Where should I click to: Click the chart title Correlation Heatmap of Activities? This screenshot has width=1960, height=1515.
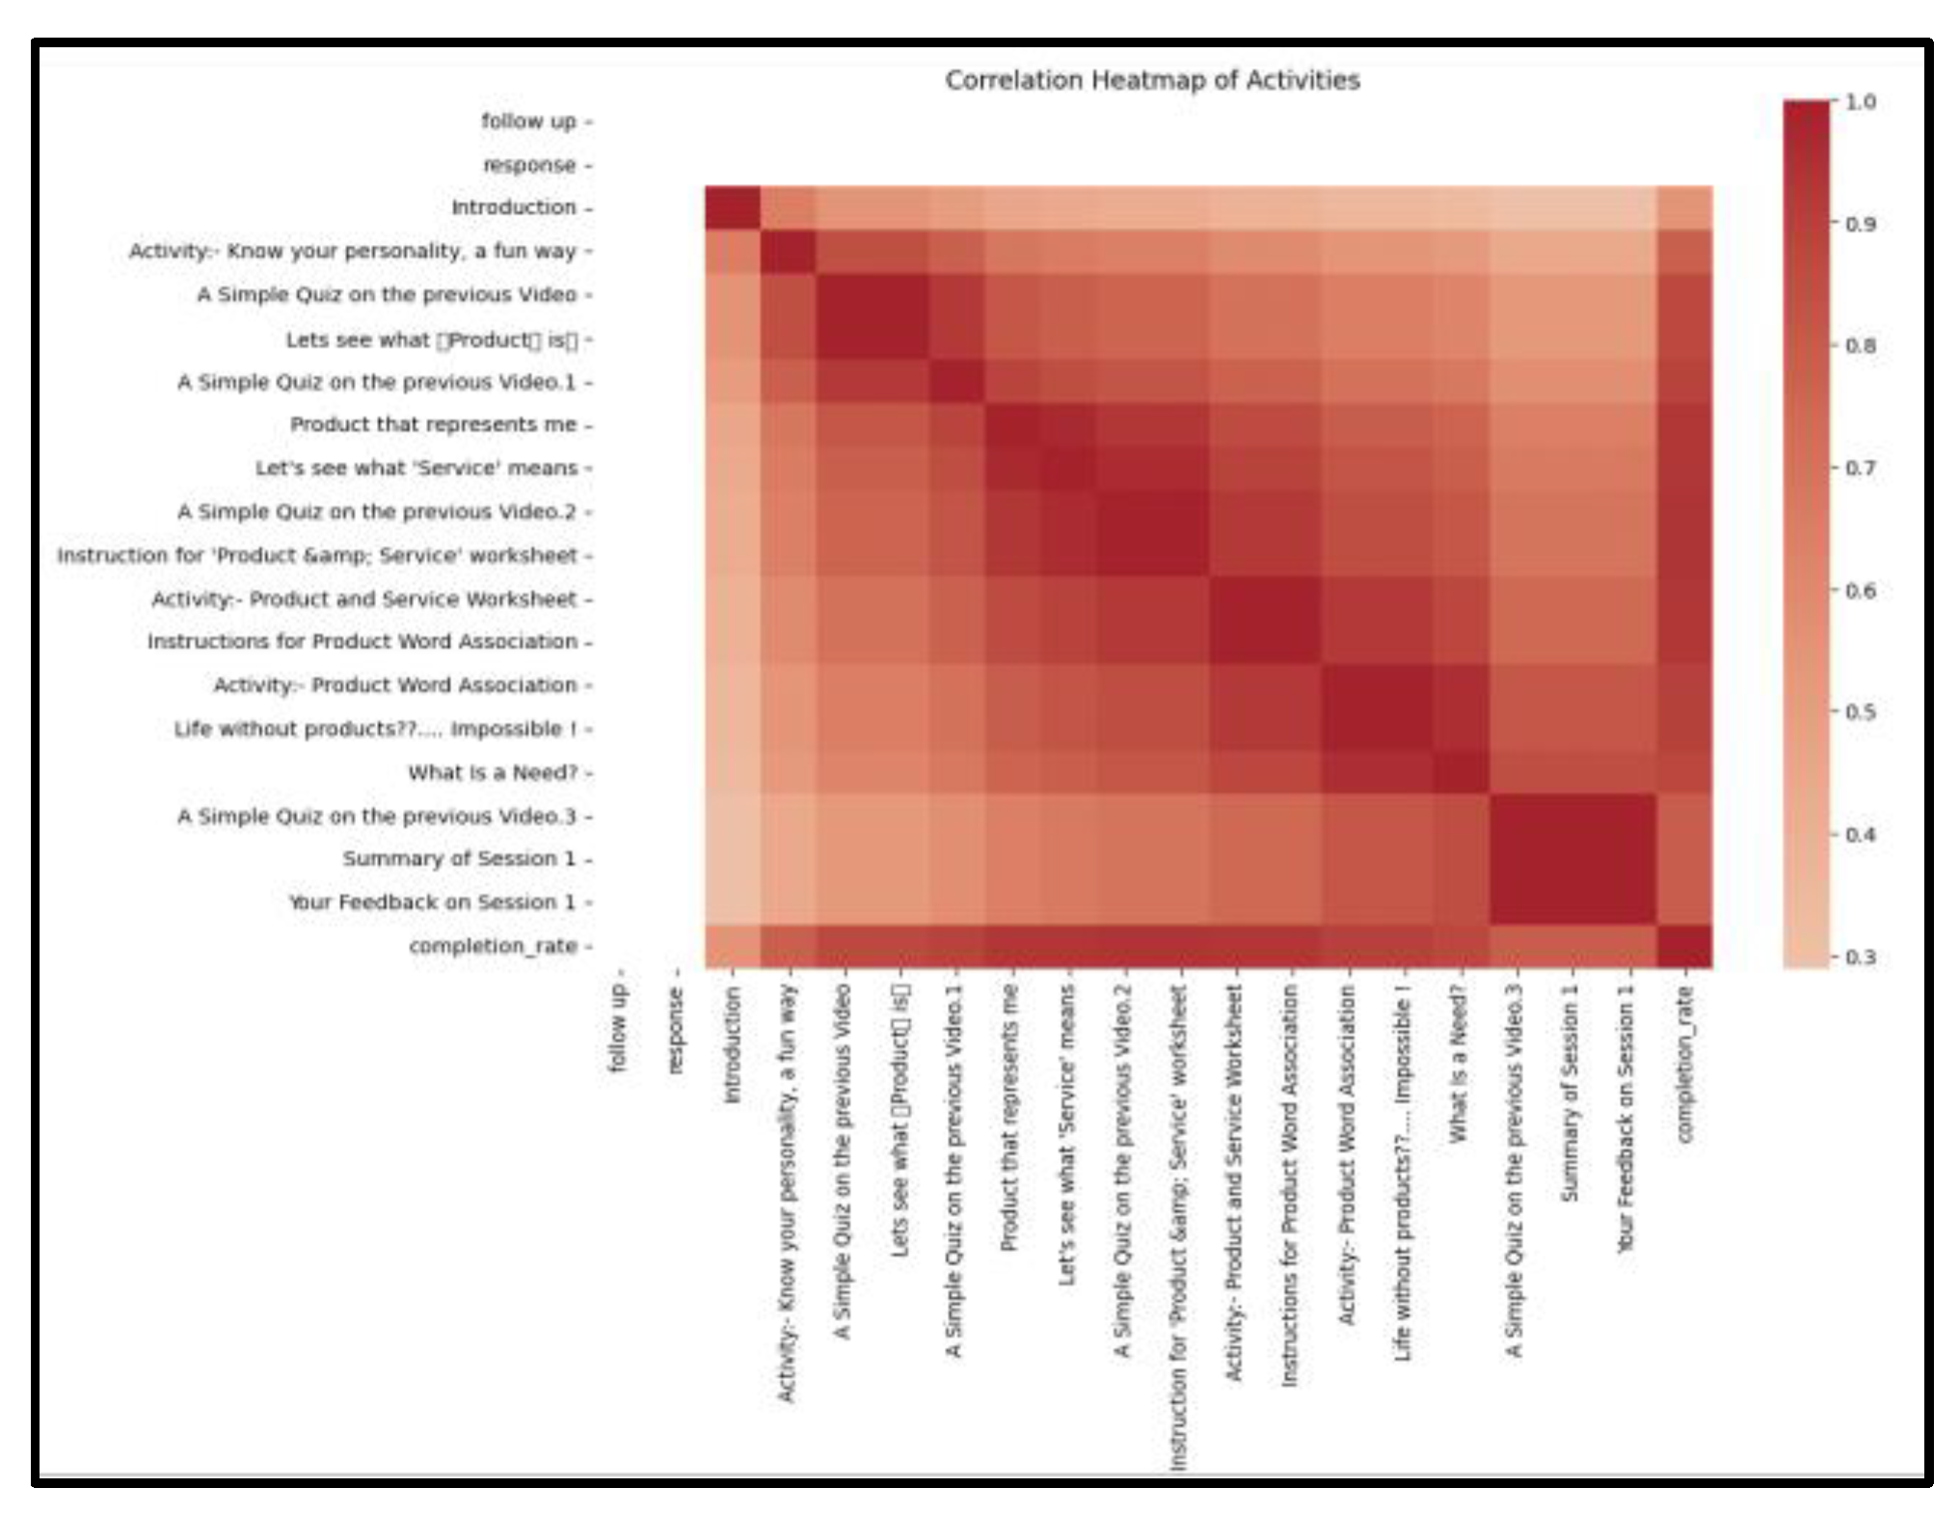[x=1151, y=80]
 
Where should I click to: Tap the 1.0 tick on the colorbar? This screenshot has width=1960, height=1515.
[x=1860, y=101]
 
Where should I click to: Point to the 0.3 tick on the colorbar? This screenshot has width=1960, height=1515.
[x=1860, y=957]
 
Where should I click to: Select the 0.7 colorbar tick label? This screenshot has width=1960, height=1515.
[x=1860, y=468]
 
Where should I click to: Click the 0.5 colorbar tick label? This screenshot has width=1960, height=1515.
[x=1860, y=712]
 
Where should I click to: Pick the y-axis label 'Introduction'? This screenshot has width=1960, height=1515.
[x=513, y=207]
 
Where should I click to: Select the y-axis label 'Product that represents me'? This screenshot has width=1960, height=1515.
[x=433, y=424]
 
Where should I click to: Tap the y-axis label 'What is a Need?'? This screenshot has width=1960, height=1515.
[x=492, y=772]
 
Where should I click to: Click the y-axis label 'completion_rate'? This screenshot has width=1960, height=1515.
[x=493, y=946]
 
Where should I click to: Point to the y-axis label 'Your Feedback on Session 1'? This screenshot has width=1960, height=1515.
[x=432, y=903]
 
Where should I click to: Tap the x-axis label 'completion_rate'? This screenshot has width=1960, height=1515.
[x=1684, y=1064]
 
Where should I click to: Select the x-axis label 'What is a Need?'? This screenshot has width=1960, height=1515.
[x=1459, y=1064]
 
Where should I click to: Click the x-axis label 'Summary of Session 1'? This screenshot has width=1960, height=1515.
[x=1571, y=1093]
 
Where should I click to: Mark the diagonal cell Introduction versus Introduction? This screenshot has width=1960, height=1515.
[x=733, y=207]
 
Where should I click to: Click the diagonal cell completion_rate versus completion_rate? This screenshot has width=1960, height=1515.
[x=1684, y=946]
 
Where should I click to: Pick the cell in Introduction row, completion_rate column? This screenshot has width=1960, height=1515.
[x=1684, y=207]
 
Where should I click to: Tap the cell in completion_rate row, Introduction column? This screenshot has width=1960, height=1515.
[x=733, y=946]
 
